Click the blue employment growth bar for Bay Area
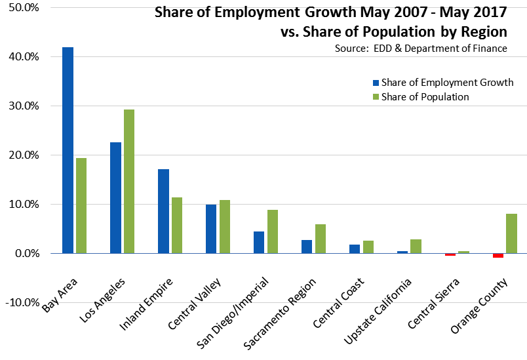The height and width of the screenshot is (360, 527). pyautogui.click(x=68, y=150)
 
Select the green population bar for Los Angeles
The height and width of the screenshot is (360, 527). pyautogui.click(x=128, y=181)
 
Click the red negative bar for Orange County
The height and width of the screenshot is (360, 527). pyautogui.click(x=498, y=255)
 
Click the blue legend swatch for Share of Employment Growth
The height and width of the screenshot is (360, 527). pyautogui.click(x=375, y=83)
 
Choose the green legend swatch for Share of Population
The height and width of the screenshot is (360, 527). pyautogui.click(x=375, y=97)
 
